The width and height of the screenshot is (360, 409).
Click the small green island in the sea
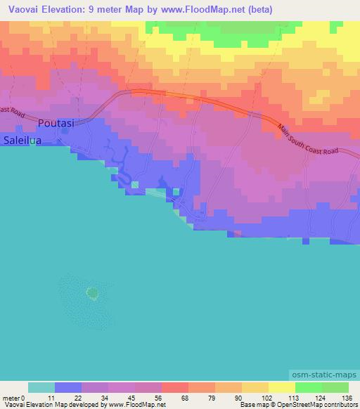tap(91, 292)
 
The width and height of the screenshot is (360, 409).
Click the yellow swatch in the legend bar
tap(281, 387)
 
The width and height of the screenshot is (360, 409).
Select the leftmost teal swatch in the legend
tap(41, 387)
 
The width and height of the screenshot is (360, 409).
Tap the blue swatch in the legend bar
tap(68, 387)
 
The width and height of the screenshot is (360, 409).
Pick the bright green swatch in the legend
tap(308, 387)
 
